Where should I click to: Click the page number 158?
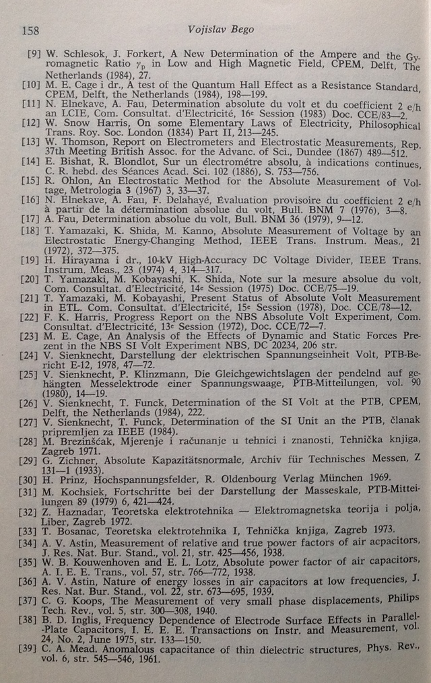30,30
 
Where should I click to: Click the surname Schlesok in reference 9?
80,53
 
